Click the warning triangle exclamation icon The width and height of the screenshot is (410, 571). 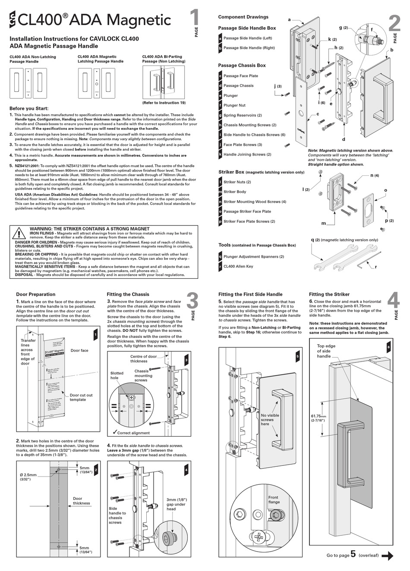tap(19, 234)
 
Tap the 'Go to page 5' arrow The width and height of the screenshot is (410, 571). tap(388, 556)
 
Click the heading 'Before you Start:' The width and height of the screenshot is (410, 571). tap(29, 109)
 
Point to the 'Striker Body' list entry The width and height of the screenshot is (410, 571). tap(235, 192)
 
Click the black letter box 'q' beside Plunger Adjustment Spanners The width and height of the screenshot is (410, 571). tap(220, 257)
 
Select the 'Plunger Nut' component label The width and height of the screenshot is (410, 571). tap(234, 105)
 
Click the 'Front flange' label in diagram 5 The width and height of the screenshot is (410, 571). tap(274, 499)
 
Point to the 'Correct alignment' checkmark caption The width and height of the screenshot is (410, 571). tap(131, 433)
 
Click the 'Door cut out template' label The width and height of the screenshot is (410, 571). tap(81, 397)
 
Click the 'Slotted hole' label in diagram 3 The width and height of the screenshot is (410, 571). tap(117, 376)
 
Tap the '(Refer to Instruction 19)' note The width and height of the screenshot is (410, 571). tap(164, 103)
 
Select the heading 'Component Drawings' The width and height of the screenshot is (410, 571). tap(243, 17)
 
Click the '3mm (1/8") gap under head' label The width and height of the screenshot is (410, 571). tap(176, 504)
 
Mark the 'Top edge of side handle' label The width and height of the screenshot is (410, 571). tap(326, 351)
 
